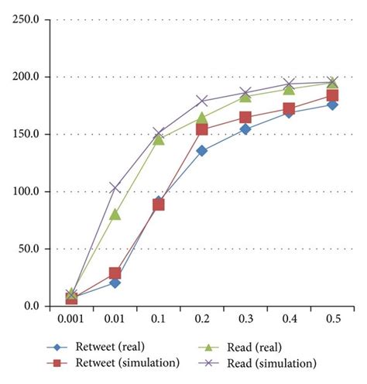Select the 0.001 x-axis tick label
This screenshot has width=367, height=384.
[71, 318]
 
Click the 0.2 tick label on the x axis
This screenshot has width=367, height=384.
[202, 318]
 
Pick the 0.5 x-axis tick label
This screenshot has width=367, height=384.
[332, 318]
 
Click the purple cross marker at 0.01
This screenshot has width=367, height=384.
[115, 187]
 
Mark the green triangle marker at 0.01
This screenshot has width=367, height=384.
[115, 214]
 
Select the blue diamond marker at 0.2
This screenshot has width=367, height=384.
[202, 151]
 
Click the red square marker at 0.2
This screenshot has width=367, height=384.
[202, 129]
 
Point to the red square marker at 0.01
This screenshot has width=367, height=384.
[115, 273]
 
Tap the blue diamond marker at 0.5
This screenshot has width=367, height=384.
[332, 105]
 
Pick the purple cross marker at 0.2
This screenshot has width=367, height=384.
[202, 101]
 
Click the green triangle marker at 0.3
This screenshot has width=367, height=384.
[245, 96]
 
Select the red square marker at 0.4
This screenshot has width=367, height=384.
[289, 109]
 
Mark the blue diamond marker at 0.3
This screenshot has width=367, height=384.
[245, 129]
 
